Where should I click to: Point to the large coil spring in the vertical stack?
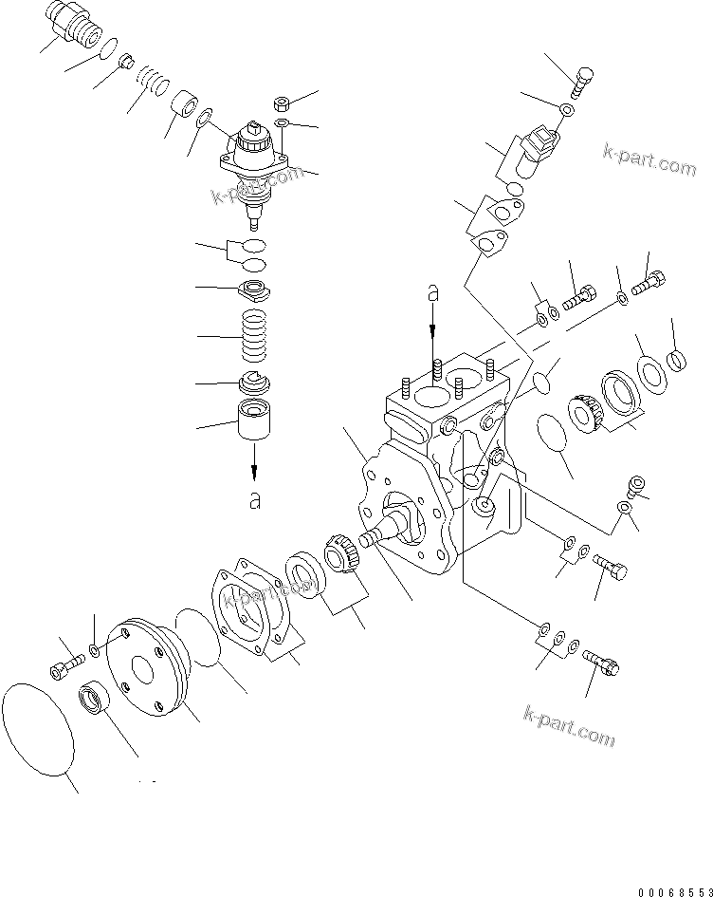[x=254, y=337]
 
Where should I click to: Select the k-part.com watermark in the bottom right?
[x=569, y=726]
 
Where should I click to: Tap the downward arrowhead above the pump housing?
[x=433, y=332]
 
